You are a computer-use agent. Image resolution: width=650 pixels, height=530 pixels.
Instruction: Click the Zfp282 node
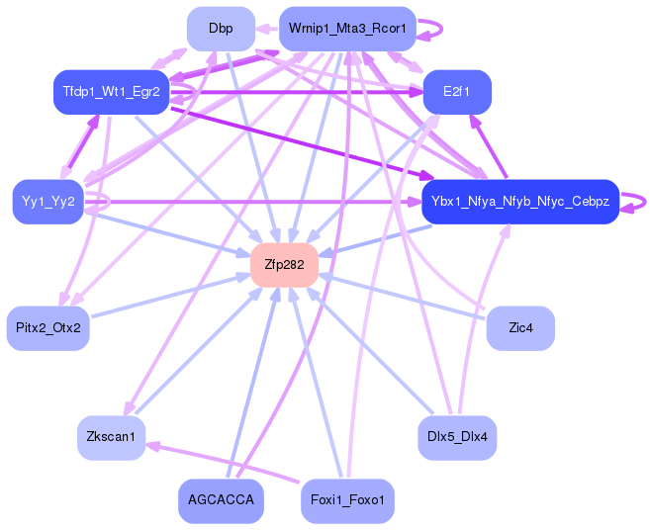pos(284,265)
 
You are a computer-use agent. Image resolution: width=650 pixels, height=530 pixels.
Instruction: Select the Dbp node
pos(221,29)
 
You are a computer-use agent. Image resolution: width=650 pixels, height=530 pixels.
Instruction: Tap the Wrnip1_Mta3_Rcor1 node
pos(347,29)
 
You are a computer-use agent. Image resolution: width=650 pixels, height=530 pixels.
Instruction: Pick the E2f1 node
pos(457,92)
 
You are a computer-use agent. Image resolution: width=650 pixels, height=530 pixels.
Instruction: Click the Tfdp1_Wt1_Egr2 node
pos(112,92)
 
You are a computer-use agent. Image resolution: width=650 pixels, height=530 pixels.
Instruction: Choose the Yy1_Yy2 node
pos(48,202)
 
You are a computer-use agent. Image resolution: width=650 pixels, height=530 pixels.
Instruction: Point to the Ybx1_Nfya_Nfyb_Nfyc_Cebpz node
pos(520,202)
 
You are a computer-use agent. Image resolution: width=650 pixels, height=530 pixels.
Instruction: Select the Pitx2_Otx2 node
pos(48,328)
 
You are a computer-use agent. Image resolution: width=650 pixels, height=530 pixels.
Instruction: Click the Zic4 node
pos(520,328)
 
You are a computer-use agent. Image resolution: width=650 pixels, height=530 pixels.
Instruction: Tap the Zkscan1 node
pos(112,438)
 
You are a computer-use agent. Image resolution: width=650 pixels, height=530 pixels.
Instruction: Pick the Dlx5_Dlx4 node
pos(457,438)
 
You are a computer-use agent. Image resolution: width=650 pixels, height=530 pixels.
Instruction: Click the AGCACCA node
pos(221,501)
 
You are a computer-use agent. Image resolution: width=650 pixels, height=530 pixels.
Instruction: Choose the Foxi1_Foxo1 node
pos(347,501)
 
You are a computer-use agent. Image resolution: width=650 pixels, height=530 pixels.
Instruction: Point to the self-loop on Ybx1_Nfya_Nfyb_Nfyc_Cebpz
pos(645,203)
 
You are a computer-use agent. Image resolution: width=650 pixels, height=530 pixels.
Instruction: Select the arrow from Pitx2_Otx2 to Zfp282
pos(171,296)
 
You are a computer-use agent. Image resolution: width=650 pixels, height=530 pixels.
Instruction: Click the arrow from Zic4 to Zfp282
pos(402,297)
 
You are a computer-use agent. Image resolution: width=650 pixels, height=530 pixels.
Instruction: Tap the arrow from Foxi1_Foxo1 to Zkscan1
pos(223,463)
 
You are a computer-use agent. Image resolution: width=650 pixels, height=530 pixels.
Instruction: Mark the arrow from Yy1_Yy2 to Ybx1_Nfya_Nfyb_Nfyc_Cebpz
pos(253,203)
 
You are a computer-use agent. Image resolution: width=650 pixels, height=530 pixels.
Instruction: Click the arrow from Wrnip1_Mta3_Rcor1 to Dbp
pos(267,29)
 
